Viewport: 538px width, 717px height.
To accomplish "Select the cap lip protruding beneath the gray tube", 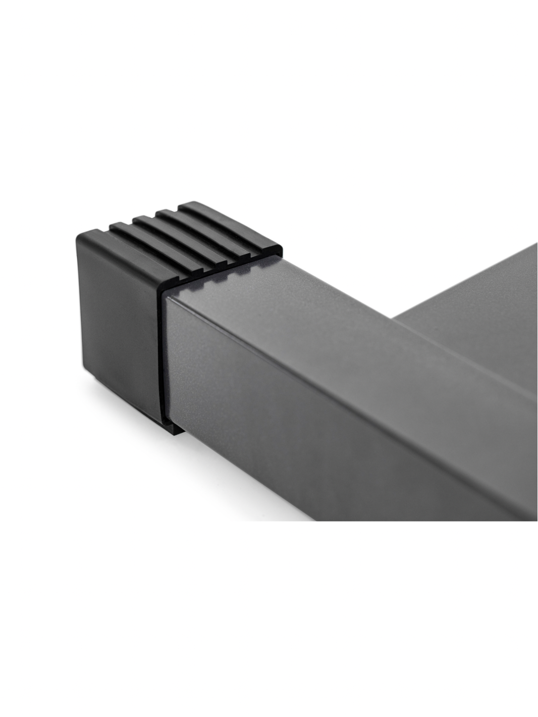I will [172, 429].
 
